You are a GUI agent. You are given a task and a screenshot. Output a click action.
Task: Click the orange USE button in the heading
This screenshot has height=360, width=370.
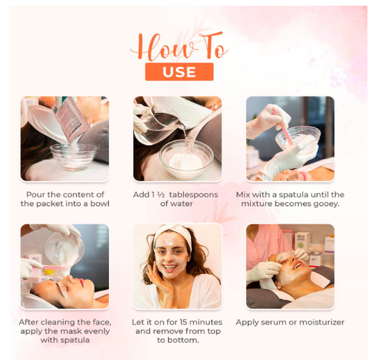tap(179, 72)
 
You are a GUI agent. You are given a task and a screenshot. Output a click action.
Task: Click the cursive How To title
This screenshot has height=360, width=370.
tap(179, 47)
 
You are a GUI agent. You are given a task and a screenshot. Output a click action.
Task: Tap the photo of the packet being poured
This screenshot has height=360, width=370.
tap(65, 138)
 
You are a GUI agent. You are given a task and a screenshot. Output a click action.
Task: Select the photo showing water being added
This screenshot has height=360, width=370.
tap(178, 138)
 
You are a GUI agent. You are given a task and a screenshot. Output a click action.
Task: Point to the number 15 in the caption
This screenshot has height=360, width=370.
tap(192, 322)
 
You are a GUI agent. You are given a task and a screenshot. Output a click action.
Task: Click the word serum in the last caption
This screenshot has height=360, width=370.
tap(274, 322)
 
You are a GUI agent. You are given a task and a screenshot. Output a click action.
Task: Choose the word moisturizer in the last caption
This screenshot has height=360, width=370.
tap(321, 322)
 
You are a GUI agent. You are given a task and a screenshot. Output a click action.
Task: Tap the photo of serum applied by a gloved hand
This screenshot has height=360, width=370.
tap(290, 266)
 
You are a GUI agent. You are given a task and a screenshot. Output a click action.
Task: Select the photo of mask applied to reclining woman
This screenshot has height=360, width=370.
tap(65, 266)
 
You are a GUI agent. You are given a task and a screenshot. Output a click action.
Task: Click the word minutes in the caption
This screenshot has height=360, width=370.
tap(211, 322)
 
